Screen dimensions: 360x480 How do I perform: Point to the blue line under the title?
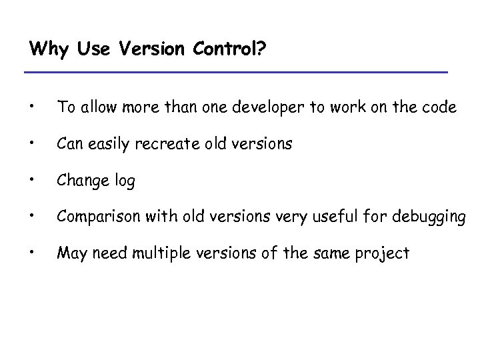(x=235, y=72)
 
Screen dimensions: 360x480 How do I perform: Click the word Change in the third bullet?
(x=81, y=180)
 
